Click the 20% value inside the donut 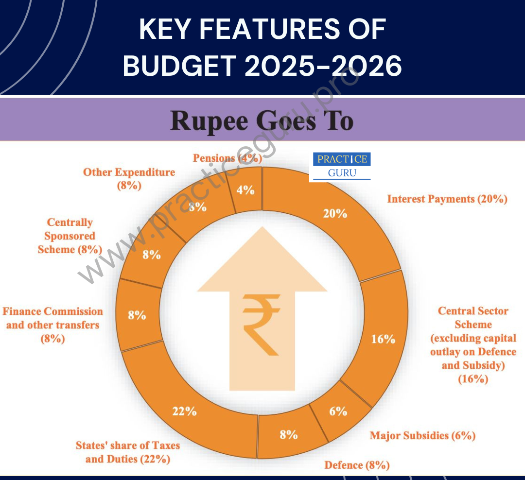point(335,213)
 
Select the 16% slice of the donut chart point(383,339)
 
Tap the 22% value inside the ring point(184,411)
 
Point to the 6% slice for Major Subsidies point(338,411)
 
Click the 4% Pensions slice point(245,190)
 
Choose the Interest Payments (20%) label point(447,199)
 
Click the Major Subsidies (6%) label point(422,435)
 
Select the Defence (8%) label point(357,465)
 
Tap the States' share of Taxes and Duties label point(127,452)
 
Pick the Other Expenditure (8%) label point(129,178)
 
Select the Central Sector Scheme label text point(473,344)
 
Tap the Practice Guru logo point(342,166)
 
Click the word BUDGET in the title point(179,66)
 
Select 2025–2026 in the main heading point(323,66)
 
